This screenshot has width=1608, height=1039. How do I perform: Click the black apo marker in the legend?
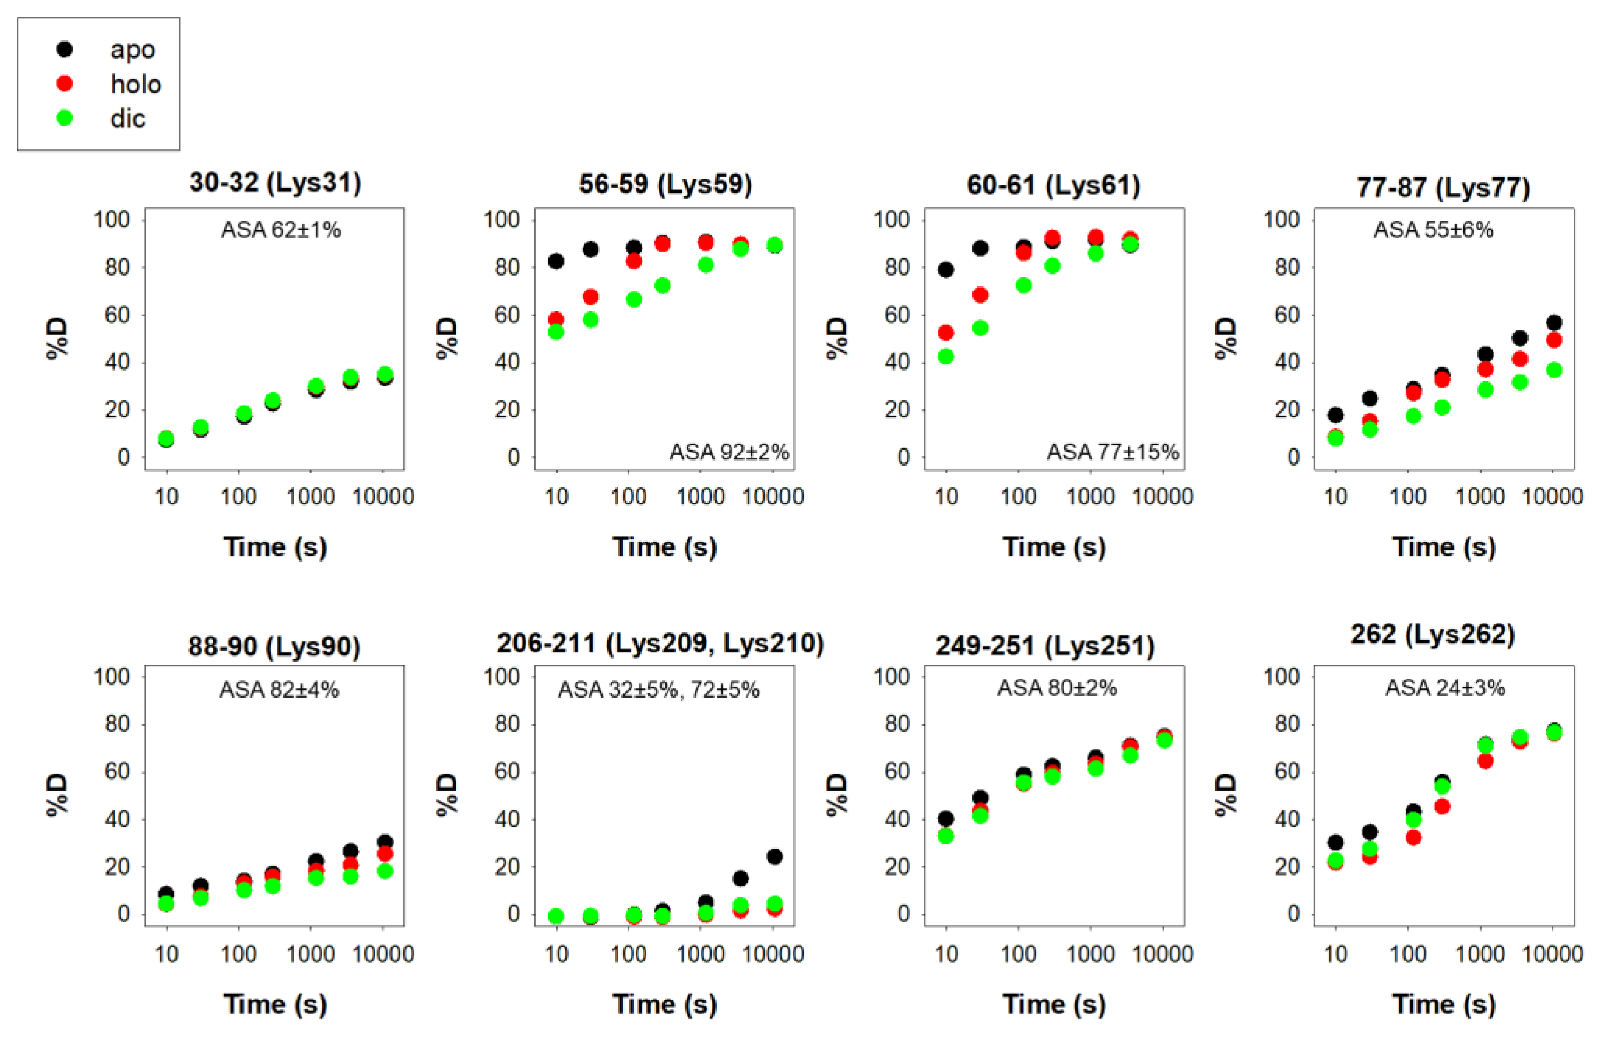[65, 49]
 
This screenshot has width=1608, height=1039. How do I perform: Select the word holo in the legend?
[136, 84]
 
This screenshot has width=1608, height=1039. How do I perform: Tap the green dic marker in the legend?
[65, 118]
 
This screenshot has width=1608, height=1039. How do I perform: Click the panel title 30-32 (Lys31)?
[275, 182]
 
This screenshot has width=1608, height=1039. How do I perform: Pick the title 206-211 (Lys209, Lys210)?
[660, 643]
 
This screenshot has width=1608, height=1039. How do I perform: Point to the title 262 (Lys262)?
[1432, 634]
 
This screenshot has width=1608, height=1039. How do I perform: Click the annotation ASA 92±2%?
[729, 452]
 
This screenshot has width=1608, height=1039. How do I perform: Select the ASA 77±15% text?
[1112, 452]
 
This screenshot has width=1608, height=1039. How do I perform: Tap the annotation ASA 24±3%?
[1444, 688]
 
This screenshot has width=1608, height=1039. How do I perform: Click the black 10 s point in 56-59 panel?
[556, 261]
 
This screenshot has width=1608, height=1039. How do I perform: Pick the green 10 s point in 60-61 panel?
[946, 356]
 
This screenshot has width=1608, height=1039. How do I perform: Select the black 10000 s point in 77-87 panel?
[1554, 322]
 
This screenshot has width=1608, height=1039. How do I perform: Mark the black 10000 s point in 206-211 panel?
[775, 856]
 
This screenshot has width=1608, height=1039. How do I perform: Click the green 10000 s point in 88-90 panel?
[385, 870]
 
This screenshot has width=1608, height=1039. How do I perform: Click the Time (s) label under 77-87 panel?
[1443, 546]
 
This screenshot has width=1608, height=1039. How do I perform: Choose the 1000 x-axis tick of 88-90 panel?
[310, 953]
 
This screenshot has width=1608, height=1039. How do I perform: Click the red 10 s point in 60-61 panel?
[946, 333]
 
